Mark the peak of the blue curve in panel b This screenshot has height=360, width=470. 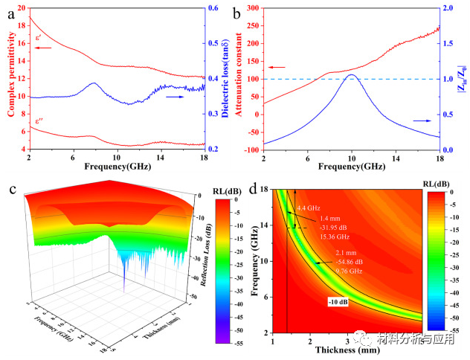(352, 74)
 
